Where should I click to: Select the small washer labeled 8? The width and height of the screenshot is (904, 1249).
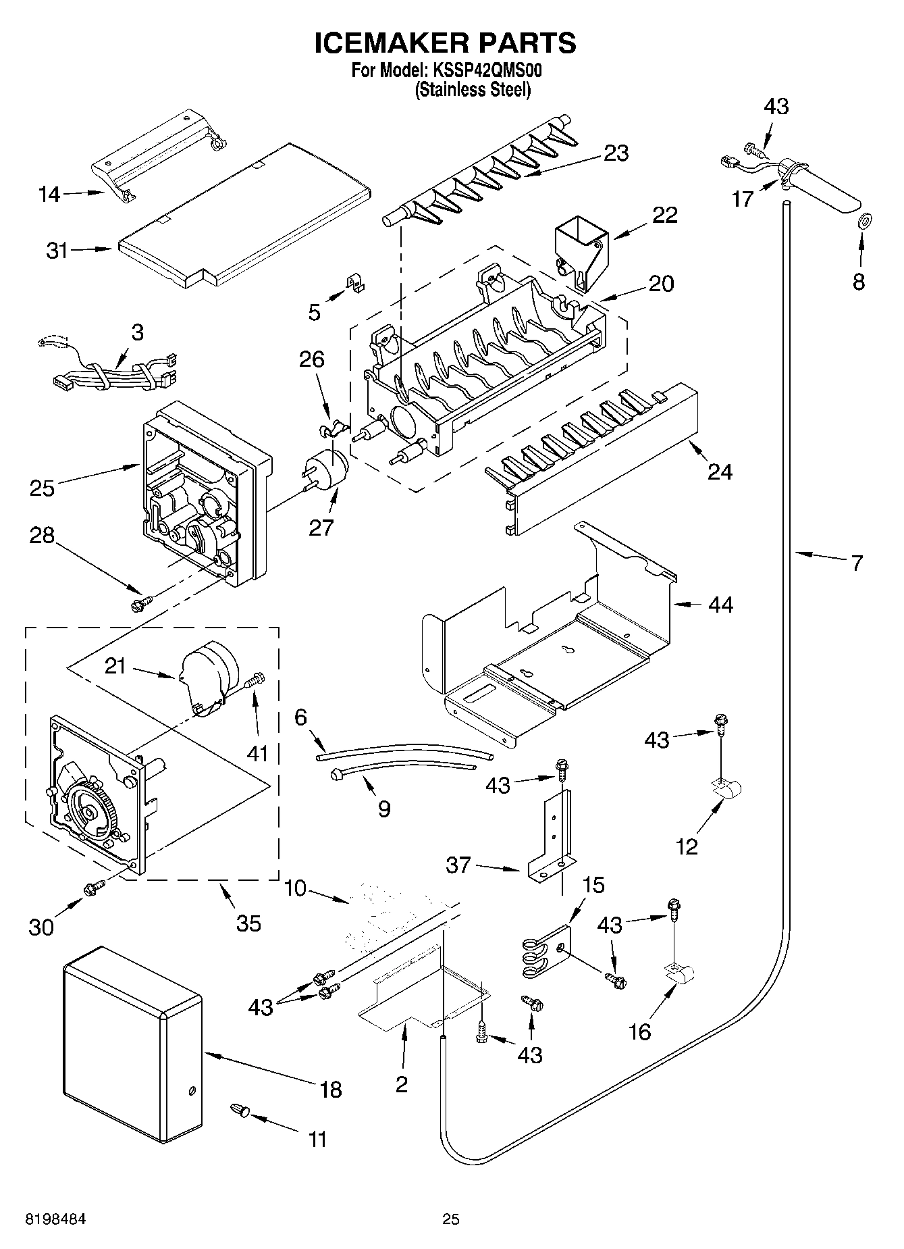click(862, 220)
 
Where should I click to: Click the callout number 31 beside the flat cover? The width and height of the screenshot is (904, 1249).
click(57, 251)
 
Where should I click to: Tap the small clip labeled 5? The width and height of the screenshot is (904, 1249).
click(354, 282)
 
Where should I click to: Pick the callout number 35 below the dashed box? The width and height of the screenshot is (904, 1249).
click(248, 923)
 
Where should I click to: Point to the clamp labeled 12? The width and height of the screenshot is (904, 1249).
click(726, 788)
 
